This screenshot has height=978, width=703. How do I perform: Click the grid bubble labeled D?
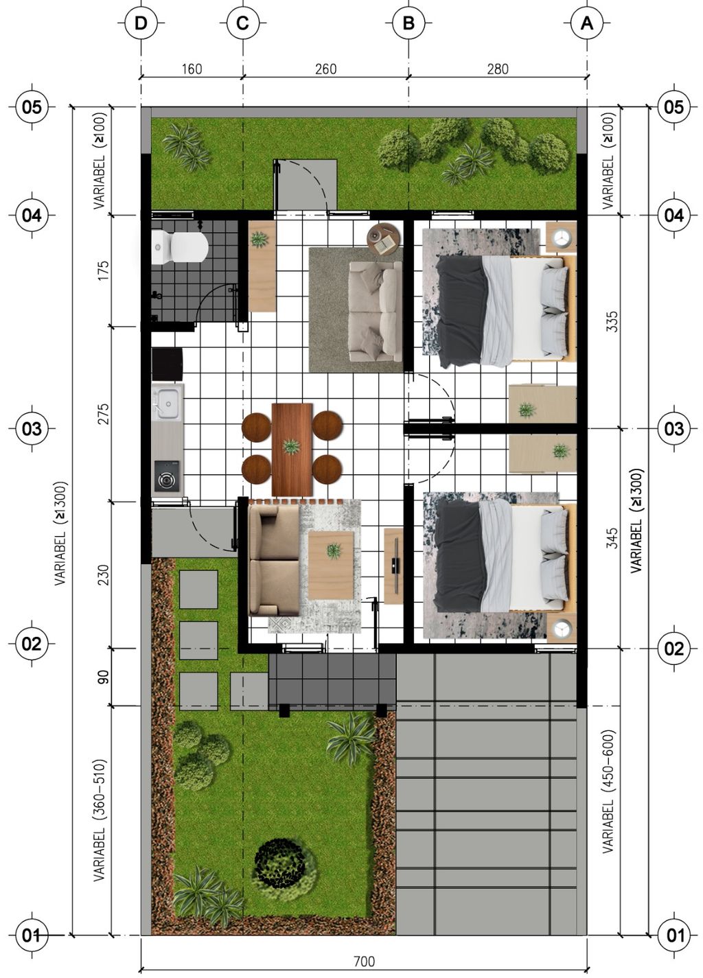(x=141, y=23)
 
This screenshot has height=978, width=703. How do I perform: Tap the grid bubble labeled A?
(x=587, y=23)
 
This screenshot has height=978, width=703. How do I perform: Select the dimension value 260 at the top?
(x=325, y=69)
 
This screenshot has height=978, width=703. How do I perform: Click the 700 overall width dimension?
(x=364, y=962)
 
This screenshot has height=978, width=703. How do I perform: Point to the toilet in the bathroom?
(x=180, y=247)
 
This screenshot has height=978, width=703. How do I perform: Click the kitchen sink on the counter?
(x=167, y=403)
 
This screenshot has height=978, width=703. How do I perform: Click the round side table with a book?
(x=382, y=240)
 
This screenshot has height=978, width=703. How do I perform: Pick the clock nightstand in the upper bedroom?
(x=562, y=237)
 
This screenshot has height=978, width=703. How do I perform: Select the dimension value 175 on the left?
(x=104, y=270)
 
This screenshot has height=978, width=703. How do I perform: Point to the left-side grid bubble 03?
(x=32, y=429)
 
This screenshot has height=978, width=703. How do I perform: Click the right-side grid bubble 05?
(x=673, y=106)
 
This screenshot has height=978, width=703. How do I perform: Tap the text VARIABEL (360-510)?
(x=100, y=820)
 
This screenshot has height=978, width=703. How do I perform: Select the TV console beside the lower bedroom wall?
(x=393, y=566)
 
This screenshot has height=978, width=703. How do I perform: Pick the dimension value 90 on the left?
(x=104, y=677)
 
